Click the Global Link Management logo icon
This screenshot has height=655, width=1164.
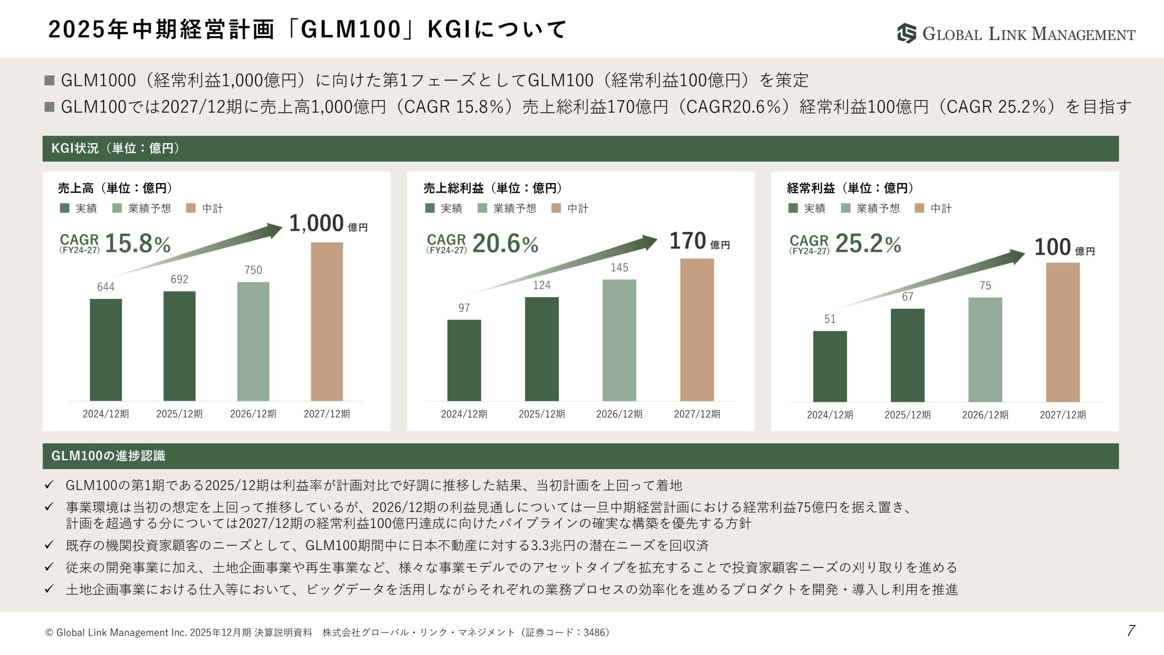point(907,33)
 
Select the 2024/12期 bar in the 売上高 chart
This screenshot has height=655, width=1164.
point(106,350)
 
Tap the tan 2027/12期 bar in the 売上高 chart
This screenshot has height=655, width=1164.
point(327,322)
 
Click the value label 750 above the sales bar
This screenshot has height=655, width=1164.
point(253,270)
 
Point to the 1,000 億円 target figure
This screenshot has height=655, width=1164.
point(328,223)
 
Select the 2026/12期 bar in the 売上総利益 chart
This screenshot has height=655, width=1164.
point(619,340)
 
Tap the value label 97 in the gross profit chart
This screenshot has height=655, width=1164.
point(464,308)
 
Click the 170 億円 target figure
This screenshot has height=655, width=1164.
point(699,241)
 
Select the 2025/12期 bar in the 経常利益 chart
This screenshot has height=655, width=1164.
point(908,355)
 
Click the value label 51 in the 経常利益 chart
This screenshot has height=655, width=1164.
point(830,319)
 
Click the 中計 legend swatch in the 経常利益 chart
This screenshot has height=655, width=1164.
point(919,208)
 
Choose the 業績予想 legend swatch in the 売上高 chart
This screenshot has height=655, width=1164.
point(117,208)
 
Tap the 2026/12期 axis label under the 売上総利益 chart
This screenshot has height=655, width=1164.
point(619,414)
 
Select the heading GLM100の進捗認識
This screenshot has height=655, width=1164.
point(108,456)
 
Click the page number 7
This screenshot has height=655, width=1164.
point(1131,630)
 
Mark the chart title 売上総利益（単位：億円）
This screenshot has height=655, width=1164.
point(492,188)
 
